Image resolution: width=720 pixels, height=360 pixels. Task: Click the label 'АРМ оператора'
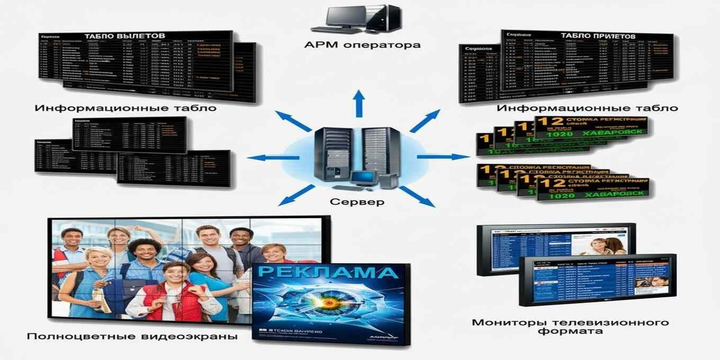pos(362,45)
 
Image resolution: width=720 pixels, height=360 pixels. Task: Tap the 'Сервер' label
pos(357,202)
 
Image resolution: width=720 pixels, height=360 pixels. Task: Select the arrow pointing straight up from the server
pos(359,103)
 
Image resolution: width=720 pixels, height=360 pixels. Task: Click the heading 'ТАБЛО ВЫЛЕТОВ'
pos(125,35)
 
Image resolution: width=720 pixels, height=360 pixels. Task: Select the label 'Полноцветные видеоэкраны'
pos(132,336)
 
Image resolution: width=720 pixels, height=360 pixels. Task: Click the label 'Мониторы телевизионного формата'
pos(570,327)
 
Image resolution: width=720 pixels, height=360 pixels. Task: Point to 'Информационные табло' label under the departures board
pos(126,108)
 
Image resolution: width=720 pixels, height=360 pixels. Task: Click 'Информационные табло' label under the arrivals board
pos(587,108)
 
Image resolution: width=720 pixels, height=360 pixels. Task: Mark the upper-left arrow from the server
pos(293,121)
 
